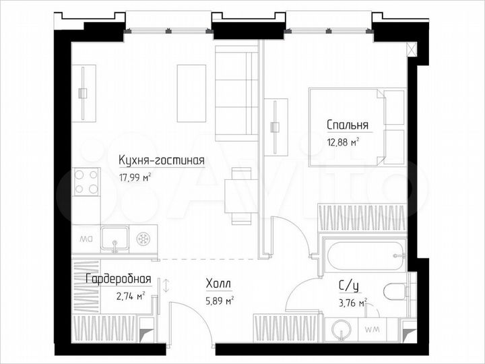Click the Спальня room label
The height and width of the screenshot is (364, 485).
347,125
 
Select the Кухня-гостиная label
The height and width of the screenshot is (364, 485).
160,160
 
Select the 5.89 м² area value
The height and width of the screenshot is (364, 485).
220,301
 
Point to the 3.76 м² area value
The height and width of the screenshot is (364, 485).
352,302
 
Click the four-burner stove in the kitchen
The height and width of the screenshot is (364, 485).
86,181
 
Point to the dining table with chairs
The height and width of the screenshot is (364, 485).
237,195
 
